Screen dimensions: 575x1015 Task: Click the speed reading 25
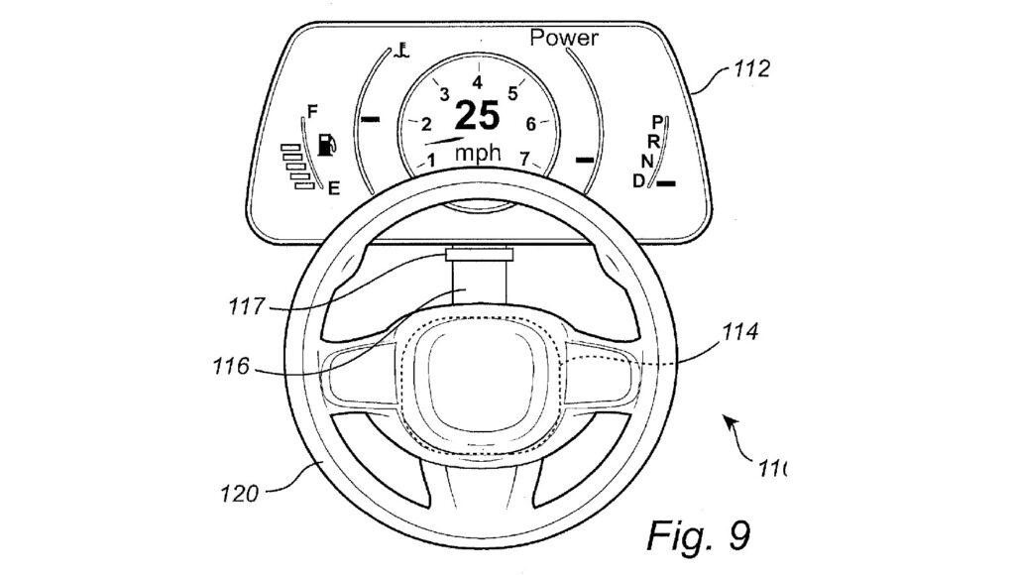(x=478, y=117)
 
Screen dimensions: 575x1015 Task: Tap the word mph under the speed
(x=478, y=155)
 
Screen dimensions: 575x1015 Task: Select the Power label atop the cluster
(x=564, y=39)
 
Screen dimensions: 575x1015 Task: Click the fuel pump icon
(x=326, y=146)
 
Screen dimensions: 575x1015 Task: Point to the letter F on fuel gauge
(x=313, y=111)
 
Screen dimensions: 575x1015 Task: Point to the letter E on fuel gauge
(x=334, y=186)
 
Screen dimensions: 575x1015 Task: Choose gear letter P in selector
(x=657, y=121)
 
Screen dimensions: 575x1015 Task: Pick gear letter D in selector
(x=639, y=180)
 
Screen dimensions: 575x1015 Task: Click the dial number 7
(x=525, y=158)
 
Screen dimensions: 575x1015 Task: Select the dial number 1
(x=432, y=159)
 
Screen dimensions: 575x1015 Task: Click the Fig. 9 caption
(x=698, y=535)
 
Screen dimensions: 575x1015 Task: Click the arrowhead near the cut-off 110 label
(x=729, y=423)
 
